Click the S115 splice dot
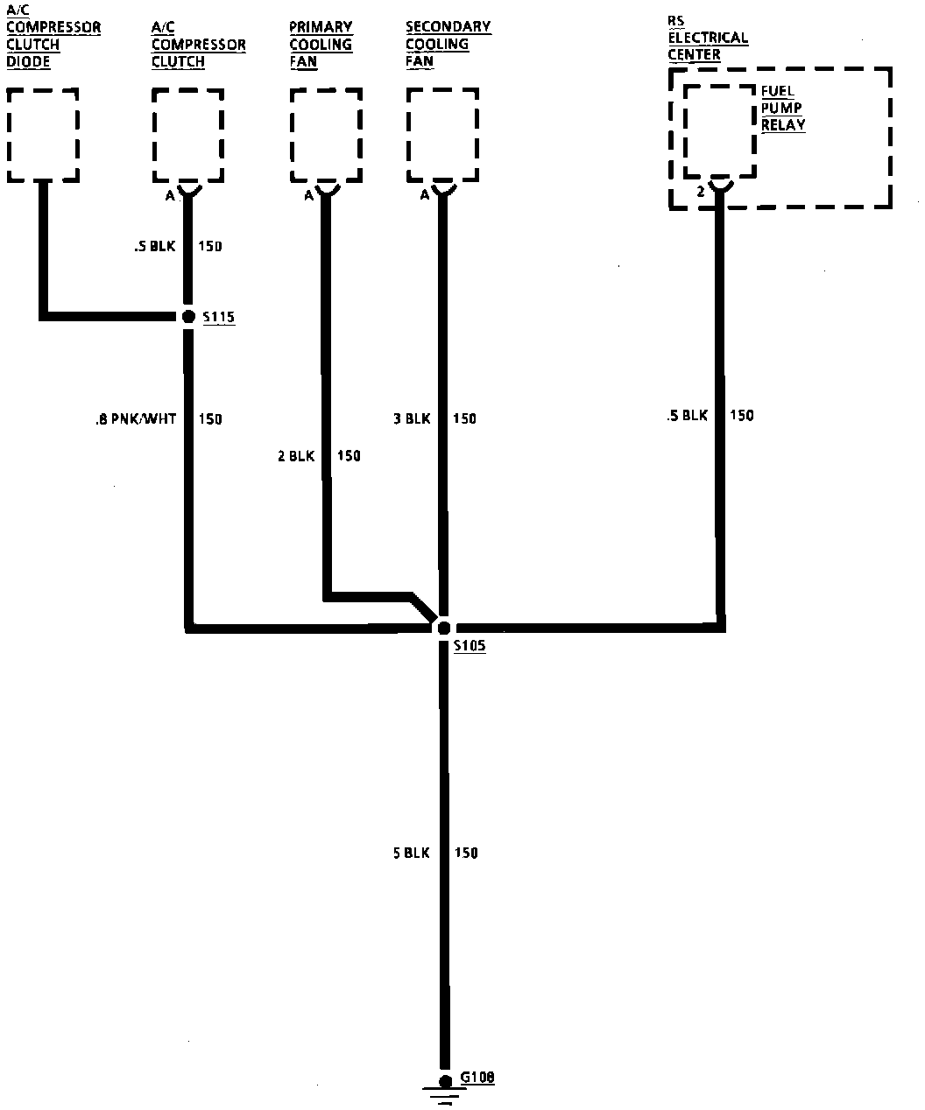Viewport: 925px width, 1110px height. [187, 317]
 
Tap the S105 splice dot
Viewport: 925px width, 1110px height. [444, 628]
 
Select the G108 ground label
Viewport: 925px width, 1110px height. [477, 1078]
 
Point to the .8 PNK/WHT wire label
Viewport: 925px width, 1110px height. [135, 419]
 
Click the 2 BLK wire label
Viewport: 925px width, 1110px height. [296, 456]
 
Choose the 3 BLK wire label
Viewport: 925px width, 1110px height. [412, 419]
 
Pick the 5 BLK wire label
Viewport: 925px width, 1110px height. [411, 853]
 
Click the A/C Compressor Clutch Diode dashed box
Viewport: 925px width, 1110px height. [42, 135]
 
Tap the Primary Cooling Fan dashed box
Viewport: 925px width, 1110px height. [325, 135]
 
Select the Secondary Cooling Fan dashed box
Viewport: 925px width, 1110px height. [442, 135]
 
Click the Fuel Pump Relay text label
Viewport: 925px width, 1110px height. [782, 108]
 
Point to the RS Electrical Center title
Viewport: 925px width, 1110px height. [708, 38]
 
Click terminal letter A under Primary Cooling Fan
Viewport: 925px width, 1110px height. [308, 196]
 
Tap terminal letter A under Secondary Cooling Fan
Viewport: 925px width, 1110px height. [425, 195]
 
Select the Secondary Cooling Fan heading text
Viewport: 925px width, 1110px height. [448, 44]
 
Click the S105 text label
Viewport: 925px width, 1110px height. [470, 646]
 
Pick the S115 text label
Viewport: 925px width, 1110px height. [218, 318]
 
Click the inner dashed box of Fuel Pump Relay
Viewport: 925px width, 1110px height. [719, 131]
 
